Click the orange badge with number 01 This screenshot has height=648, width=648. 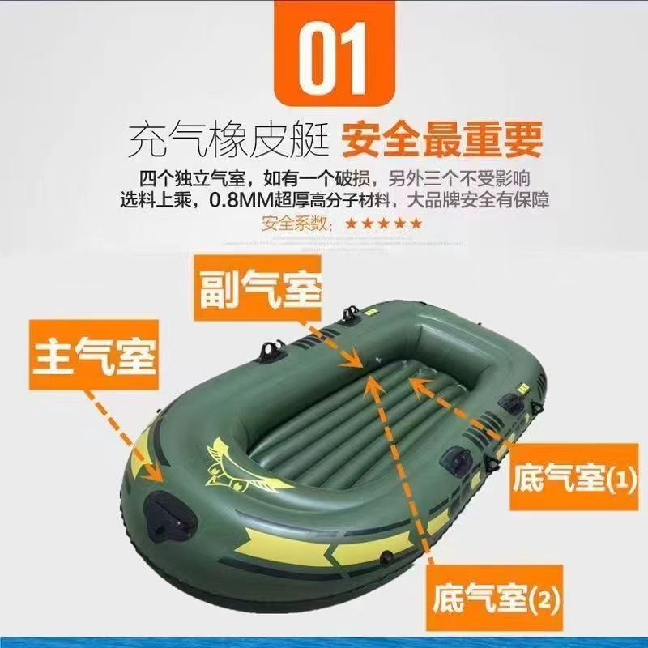pos(335,53)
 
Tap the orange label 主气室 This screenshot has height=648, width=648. pos(94,355)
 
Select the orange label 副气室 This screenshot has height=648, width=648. pos(258,288)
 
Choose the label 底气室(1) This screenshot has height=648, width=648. pos(574,477)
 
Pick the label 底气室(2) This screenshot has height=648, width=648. pos(494,598)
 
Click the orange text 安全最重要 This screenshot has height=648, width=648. pos(441,139)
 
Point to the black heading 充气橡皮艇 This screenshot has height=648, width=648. pos(229,139)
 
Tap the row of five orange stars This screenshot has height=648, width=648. pos(384,224)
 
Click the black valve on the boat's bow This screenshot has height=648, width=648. pos(170,514)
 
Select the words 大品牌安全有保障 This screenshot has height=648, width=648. pos(478,200)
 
